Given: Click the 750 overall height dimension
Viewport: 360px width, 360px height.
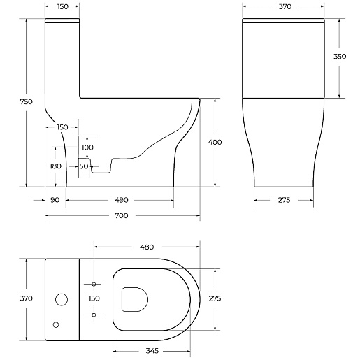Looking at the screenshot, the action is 27,102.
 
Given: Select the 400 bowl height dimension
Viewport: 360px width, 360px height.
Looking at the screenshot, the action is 215,142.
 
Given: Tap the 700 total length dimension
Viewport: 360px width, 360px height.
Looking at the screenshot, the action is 122,216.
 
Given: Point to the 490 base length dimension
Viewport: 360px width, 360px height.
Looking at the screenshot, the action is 122,200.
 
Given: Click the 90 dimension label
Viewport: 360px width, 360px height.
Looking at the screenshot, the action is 55,200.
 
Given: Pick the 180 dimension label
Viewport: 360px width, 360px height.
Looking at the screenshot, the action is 55,166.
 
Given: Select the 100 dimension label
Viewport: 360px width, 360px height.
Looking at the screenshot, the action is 87,147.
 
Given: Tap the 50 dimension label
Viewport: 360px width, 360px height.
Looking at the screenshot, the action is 84,166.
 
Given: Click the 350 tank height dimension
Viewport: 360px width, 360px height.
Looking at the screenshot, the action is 340,57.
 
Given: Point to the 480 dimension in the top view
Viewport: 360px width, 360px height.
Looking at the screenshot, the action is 147,247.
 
